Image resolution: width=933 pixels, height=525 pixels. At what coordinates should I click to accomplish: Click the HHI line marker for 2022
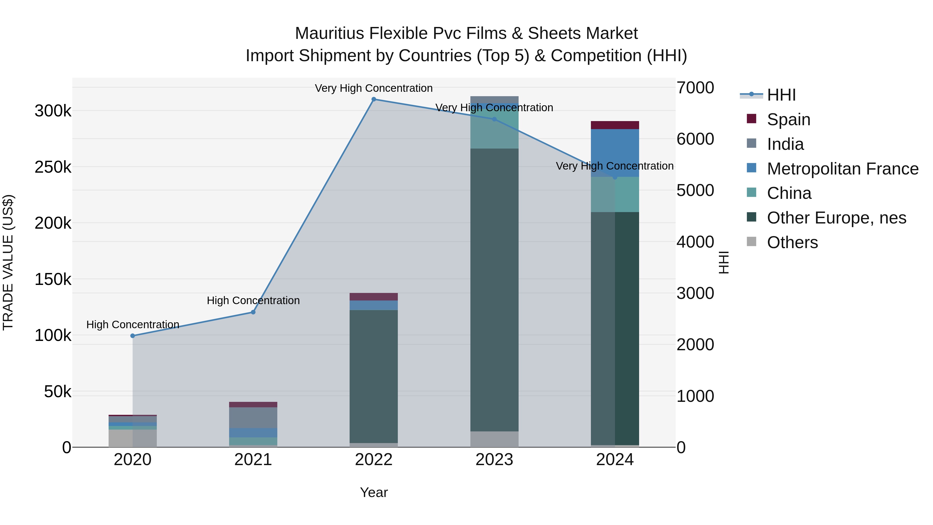(x=374, y=99)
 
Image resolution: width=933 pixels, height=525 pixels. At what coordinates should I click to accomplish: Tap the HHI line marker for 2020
(x=132, y=336)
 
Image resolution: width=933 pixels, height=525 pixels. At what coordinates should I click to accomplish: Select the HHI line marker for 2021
(x=253, y=312)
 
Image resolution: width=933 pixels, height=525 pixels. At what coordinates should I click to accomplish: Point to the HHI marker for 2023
(x=494, y=119)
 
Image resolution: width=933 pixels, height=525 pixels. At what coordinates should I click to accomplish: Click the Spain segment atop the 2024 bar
(x=615, y=125)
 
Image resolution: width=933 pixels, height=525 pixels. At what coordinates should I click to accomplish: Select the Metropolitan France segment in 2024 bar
(x=615, y=152)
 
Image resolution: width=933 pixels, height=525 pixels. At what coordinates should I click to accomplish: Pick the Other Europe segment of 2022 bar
(x=373, y=377)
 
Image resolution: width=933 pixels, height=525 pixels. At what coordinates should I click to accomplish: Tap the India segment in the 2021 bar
(x=253, y=417)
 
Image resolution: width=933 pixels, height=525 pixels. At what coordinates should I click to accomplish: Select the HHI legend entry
(x=781, y=95)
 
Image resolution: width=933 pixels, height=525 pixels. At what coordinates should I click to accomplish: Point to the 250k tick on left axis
(x=53, y=167)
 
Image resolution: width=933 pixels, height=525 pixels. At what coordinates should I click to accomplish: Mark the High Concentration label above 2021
(x=253, y=300)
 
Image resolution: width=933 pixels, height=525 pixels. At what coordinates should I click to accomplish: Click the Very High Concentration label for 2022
(x=373, y=88)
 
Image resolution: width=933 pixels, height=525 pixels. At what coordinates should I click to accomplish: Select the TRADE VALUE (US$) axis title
(x=8, y=262)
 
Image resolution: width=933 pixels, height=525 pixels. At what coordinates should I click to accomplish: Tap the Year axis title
(x=374, y=492)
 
